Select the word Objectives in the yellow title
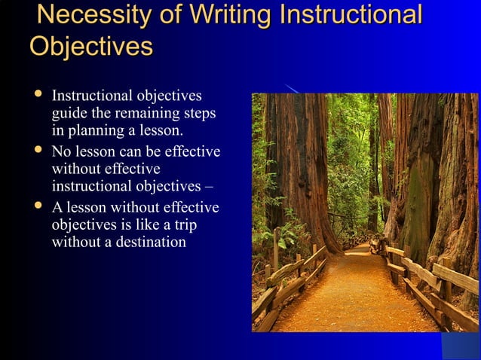pos(90,46)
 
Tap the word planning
pos(94,131)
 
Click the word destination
pos(147,243)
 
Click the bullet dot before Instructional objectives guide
pos(36,96)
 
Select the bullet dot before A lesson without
pos(36,206)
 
